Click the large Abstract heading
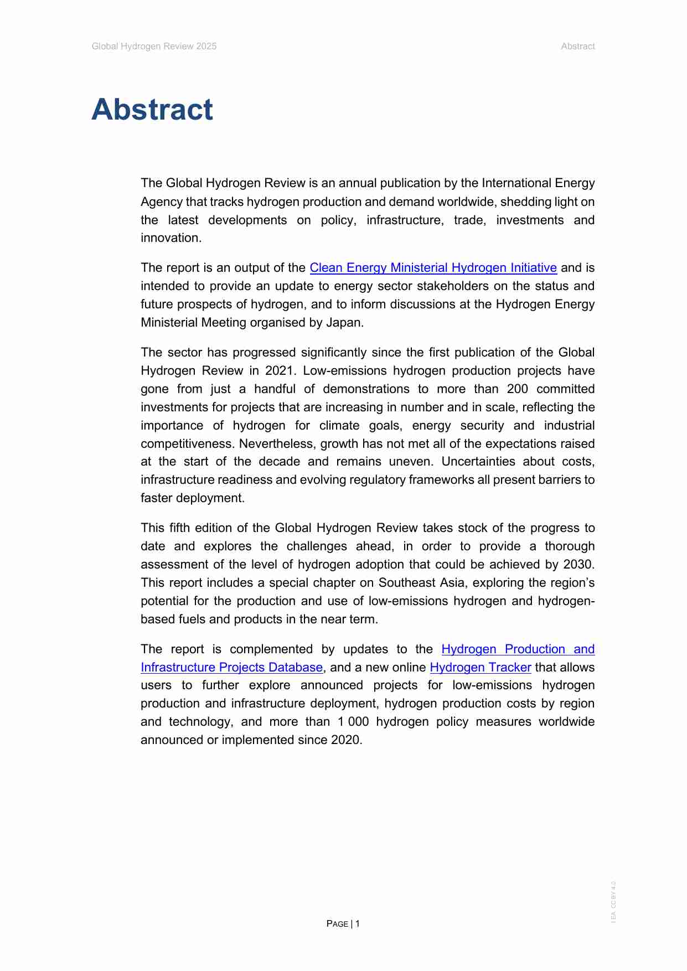pyautogui.click(x=152, y=109)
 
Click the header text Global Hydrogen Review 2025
pyautogui.click(x=154, y=47)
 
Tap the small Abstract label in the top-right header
pyautogui.click(x=577, y=47)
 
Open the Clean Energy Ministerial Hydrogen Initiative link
pyautogui.click(x=433, y=268)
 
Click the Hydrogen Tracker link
pyautogui.click(x=480, y=668)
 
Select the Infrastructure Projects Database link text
pyautogui.click(x=231, y=668)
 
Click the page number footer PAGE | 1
pyautogui.click(x=343, y=923)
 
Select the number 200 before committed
pyautogui.click(x=517, y=389)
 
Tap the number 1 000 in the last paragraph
pyautogui.click(x=353, y=722)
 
